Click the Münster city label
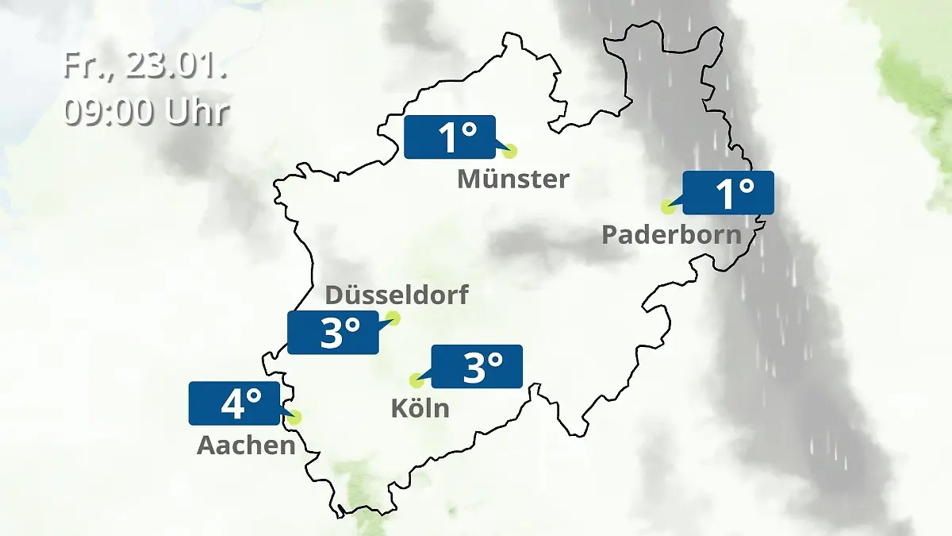coord(512,179)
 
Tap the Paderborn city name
coord(671,235)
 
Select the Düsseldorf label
coord(397,295)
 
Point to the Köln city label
coord(420,408)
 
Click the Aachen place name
coord(246,445)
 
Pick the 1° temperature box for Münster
coord(449,137)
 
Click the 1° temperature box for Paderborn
coord(727,193)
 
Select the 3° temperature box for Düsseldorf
coord(333,333)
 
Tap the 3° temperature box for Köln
coord(476,366)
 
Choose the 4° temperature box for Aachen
coord(235,403)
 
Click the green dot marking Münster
coord(509,151)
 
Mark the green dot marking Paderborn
coord(668,206)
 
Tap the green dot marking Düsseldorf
coord(392,318)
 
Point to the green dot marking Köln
coord(416,380)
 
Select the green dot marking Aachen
coord(296,417)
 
